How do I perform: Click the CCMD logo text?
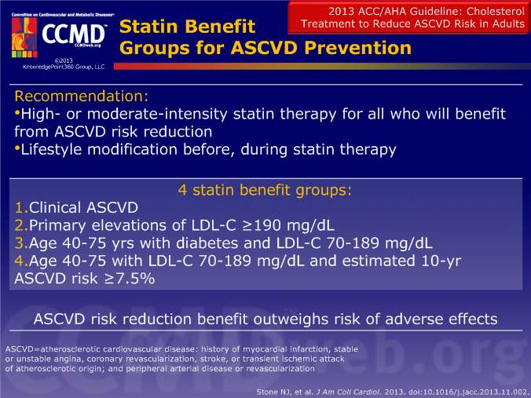point(74,35)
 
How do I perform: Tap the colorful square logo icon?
point(24,37)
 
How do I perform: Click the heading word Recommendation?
point(82,96)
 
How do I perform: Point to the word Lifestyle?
point(52,150)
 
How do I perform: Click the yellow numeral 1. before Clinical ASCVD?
point(21,207)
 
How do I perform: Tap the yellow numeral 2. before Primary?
point(21,225)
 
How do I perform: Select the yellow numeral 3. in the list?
point(21,243)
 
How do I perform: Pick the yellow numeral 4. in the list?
point(21,261)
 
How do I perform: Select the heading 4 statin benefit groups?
point(265,190)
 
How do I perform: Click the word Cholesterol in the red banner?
point(496,11)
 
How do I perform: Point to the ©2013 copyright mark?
point(64,60)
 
